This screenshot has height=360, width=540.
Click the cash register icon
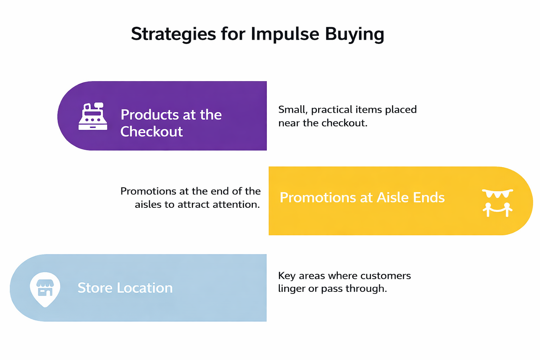pos(93,117)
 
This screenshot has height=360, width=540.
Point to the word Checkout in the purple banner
pos(152,131)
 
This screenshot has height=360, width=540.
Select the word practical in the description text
pos(332,110)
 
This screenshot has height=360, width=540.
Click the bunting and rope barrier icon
pos(497,203)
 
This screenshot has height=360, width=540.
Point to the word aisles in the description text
pos(148,205)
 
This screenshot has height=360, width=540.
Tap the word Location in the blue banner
pos(144,288)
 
